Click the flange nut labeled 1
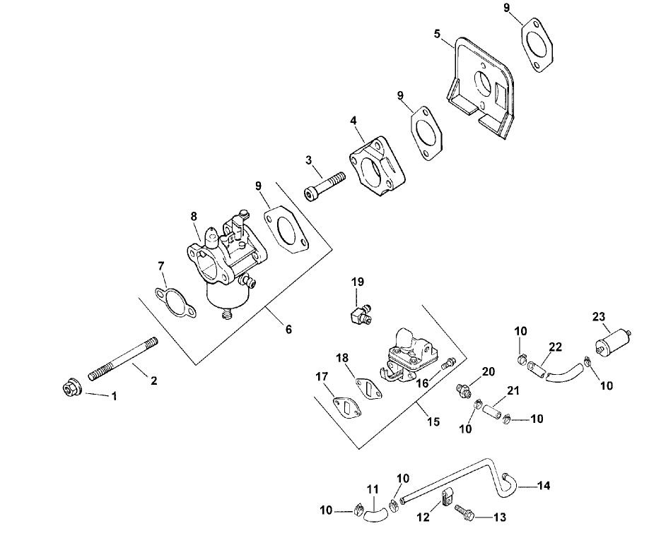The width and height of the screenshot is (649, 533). [70, 388]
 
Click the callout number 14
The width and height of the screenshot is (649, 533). [544, 486]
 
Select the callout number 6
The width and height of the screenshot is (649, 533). [288, 329]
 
